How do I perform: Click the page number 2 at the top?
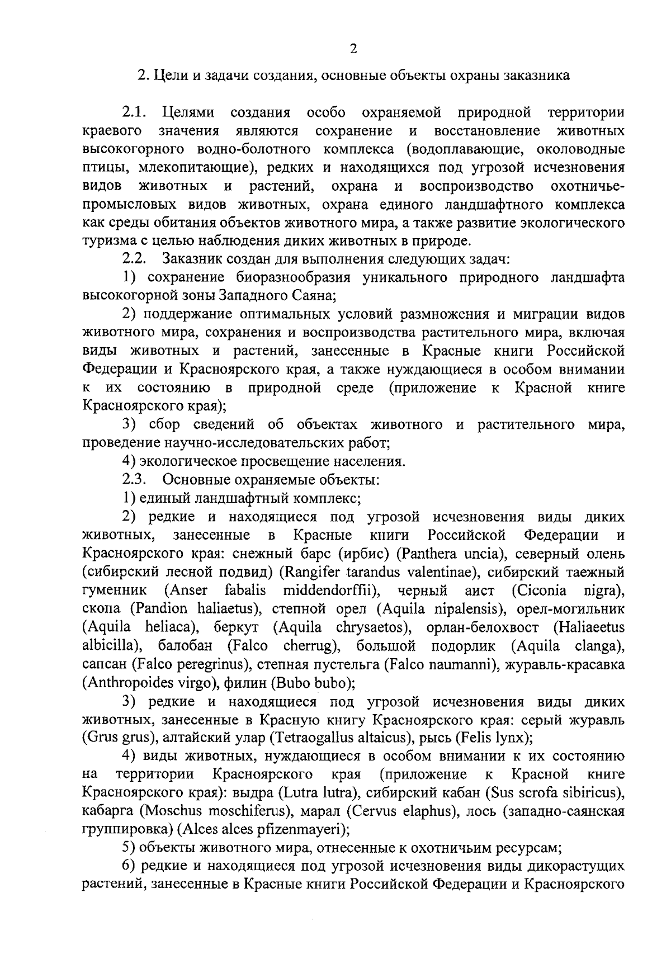click(x=353, y=49)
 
